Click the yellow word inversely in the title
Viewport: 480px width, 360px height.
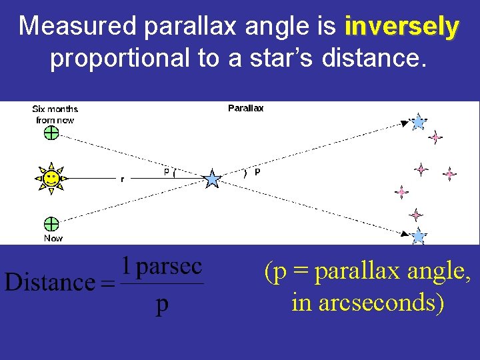401,27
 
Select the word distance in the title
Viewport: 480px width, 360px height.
372,59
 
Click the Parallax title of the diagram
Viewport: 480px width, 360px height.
245,108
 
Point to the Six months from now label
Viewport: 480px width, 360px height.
55,114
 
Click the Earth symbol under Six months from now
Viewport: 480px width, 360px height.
51,133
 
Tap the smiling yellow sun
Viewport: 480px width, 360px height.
50,178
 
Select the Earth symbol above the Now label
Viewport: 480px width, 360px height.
51,223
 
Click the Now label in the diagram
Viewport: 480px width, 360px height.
53,238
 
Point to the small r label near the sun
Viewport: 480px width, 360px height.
121,179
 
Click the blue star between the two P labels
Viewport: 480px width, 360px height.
212,179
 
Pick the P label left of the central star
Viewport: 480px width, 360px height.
167,172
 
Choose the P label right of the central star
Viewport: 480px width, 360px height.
257,172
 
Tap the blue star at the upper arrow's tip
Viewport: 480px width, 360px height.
418,122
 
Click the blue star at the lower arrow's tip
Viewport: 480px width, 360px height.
418,236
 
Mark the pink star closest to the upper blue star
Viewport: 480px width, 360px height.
435,137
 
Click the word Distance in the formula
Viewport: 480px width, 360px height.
49,283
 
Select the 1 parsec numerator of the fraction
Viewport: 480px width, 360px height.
162,267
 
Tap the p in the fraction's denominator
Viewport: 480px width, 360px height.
162,305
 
